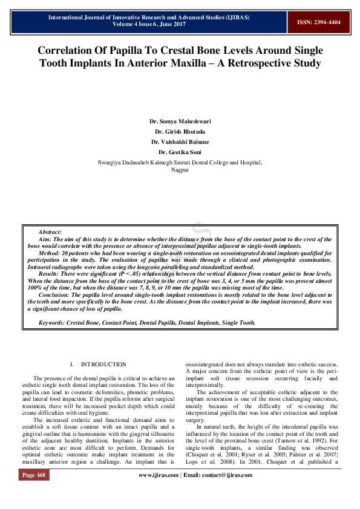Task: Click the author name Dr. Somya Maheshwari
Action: (180, 122)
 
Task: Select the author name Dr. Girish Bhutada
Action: (180, 131)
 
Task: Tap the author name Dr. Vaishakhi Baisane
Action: (180, 141)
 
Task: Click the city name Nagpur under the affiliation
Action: (180, 170)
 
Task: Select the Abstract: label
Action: (50, 232)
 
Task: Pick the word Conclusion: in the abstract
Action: (54, 294)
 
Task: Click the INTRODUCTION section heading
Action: (103, 365)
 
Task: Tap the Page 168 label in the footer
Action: (34, 492)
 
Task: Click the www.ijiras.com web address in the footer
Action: (159, 492)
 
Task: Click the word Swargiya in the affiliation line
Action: (109, 163)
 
